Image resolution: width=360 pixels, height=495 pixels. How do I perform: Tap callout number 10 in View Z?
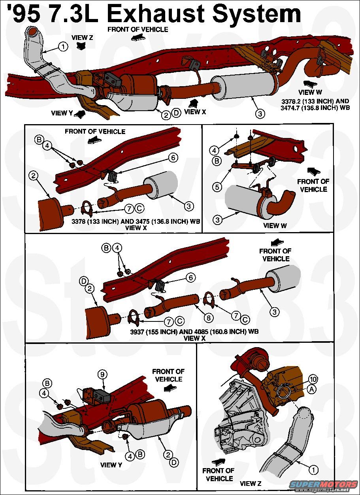313,380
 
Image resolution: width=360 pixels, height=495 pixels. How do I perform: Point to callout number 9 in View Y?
102,374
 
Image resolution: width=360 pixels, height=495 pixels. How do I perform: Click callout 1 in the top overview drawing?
62,46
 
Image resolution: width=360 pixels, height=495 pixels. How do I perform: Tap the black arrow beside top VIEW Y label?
80,115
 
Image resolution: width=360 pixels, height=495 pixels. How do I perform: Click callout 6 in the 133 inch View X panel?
172,157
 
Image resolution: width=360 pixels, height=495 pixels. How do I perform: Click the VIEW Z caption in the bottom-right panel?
251,483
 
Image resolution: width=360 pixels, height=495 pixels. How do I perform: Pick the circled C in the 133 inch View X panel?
140,208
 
